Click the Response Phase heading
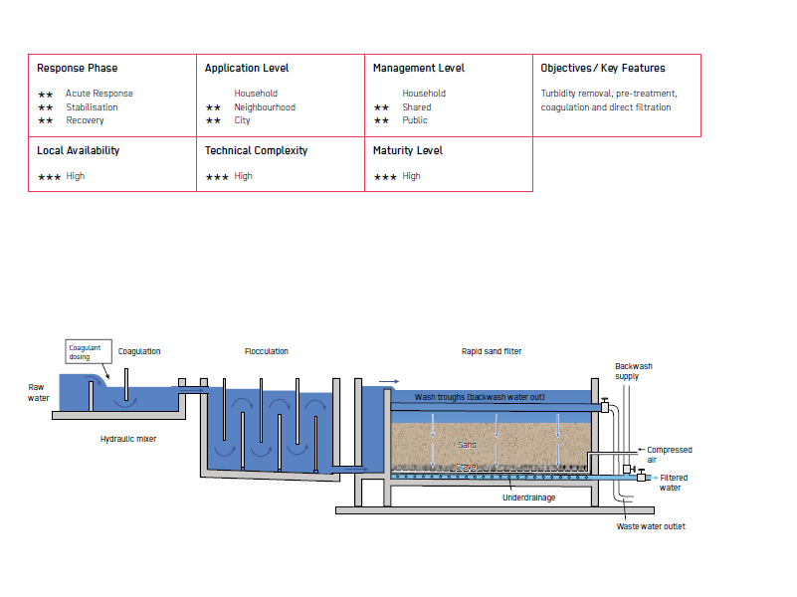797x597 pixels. coord(78,68)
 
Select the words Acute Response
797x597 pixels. coord(100,94)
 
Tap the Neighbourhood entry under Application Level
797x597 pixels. coord(265,107)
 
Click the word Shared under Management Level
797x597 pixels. coord(417,107)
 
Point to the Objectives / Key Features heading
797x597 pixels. coord(603,68)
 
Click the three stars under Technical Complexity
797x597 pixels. coord(217,177)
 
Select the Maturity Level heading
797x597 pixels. coord(408,150)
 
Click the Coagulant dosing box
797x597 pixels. coord(89,351)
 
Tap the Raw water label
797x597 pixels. coord(38,393)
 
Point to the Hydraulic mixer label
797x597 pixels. coord(128,439)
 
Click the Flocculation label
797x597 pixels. coord(267,351)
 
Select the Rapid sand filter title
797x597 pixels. coord(492,351)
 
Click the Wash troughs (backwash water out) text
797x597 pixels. coord(480,397)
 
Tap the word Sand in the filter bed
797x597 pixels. coord(467,445)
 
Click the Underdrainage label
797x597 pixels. coord(529,497)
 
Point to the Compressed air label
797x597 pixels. coord(670,455)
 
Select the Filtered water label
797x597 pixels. coord(674,483)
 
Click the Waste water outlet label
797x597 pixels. coord(651,526)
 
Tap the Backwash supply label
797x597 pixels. coord(634,371)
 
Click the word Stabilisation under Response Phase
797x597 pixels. coord(92,107)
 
